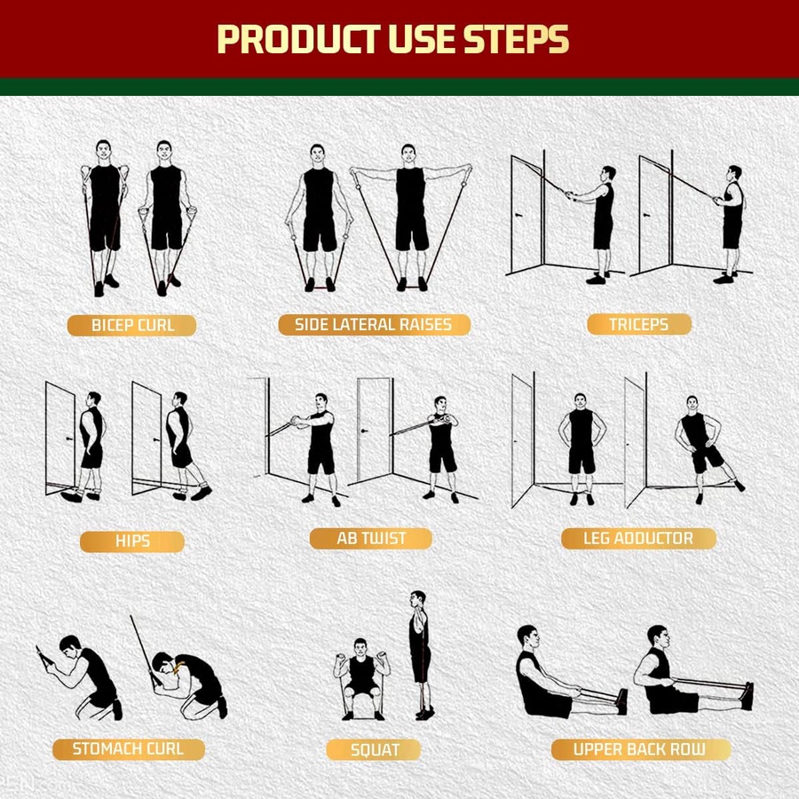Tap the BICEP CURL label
tap(133, 326)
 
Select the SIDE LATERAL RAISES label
tap(372, 325)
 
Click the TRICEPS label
tap(638, 325)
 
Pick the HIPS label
tap(132, 542)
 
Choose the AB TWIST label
tap(371, 539)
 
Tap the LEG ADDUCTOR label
tap(639, 538)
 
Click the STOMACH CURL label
tap(128, 748)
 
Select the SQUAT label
tap(375, 750)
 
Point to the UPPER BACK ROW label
tap(639, 749)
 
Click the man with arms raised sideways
tap(409, 213)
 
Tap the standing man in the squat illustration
tap(420, 653)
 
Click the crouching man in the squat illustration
tap(360, 675)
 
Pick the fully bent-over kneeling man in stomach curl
tap(191, 684)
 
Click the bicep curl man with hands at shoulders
tap(104, 213)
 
